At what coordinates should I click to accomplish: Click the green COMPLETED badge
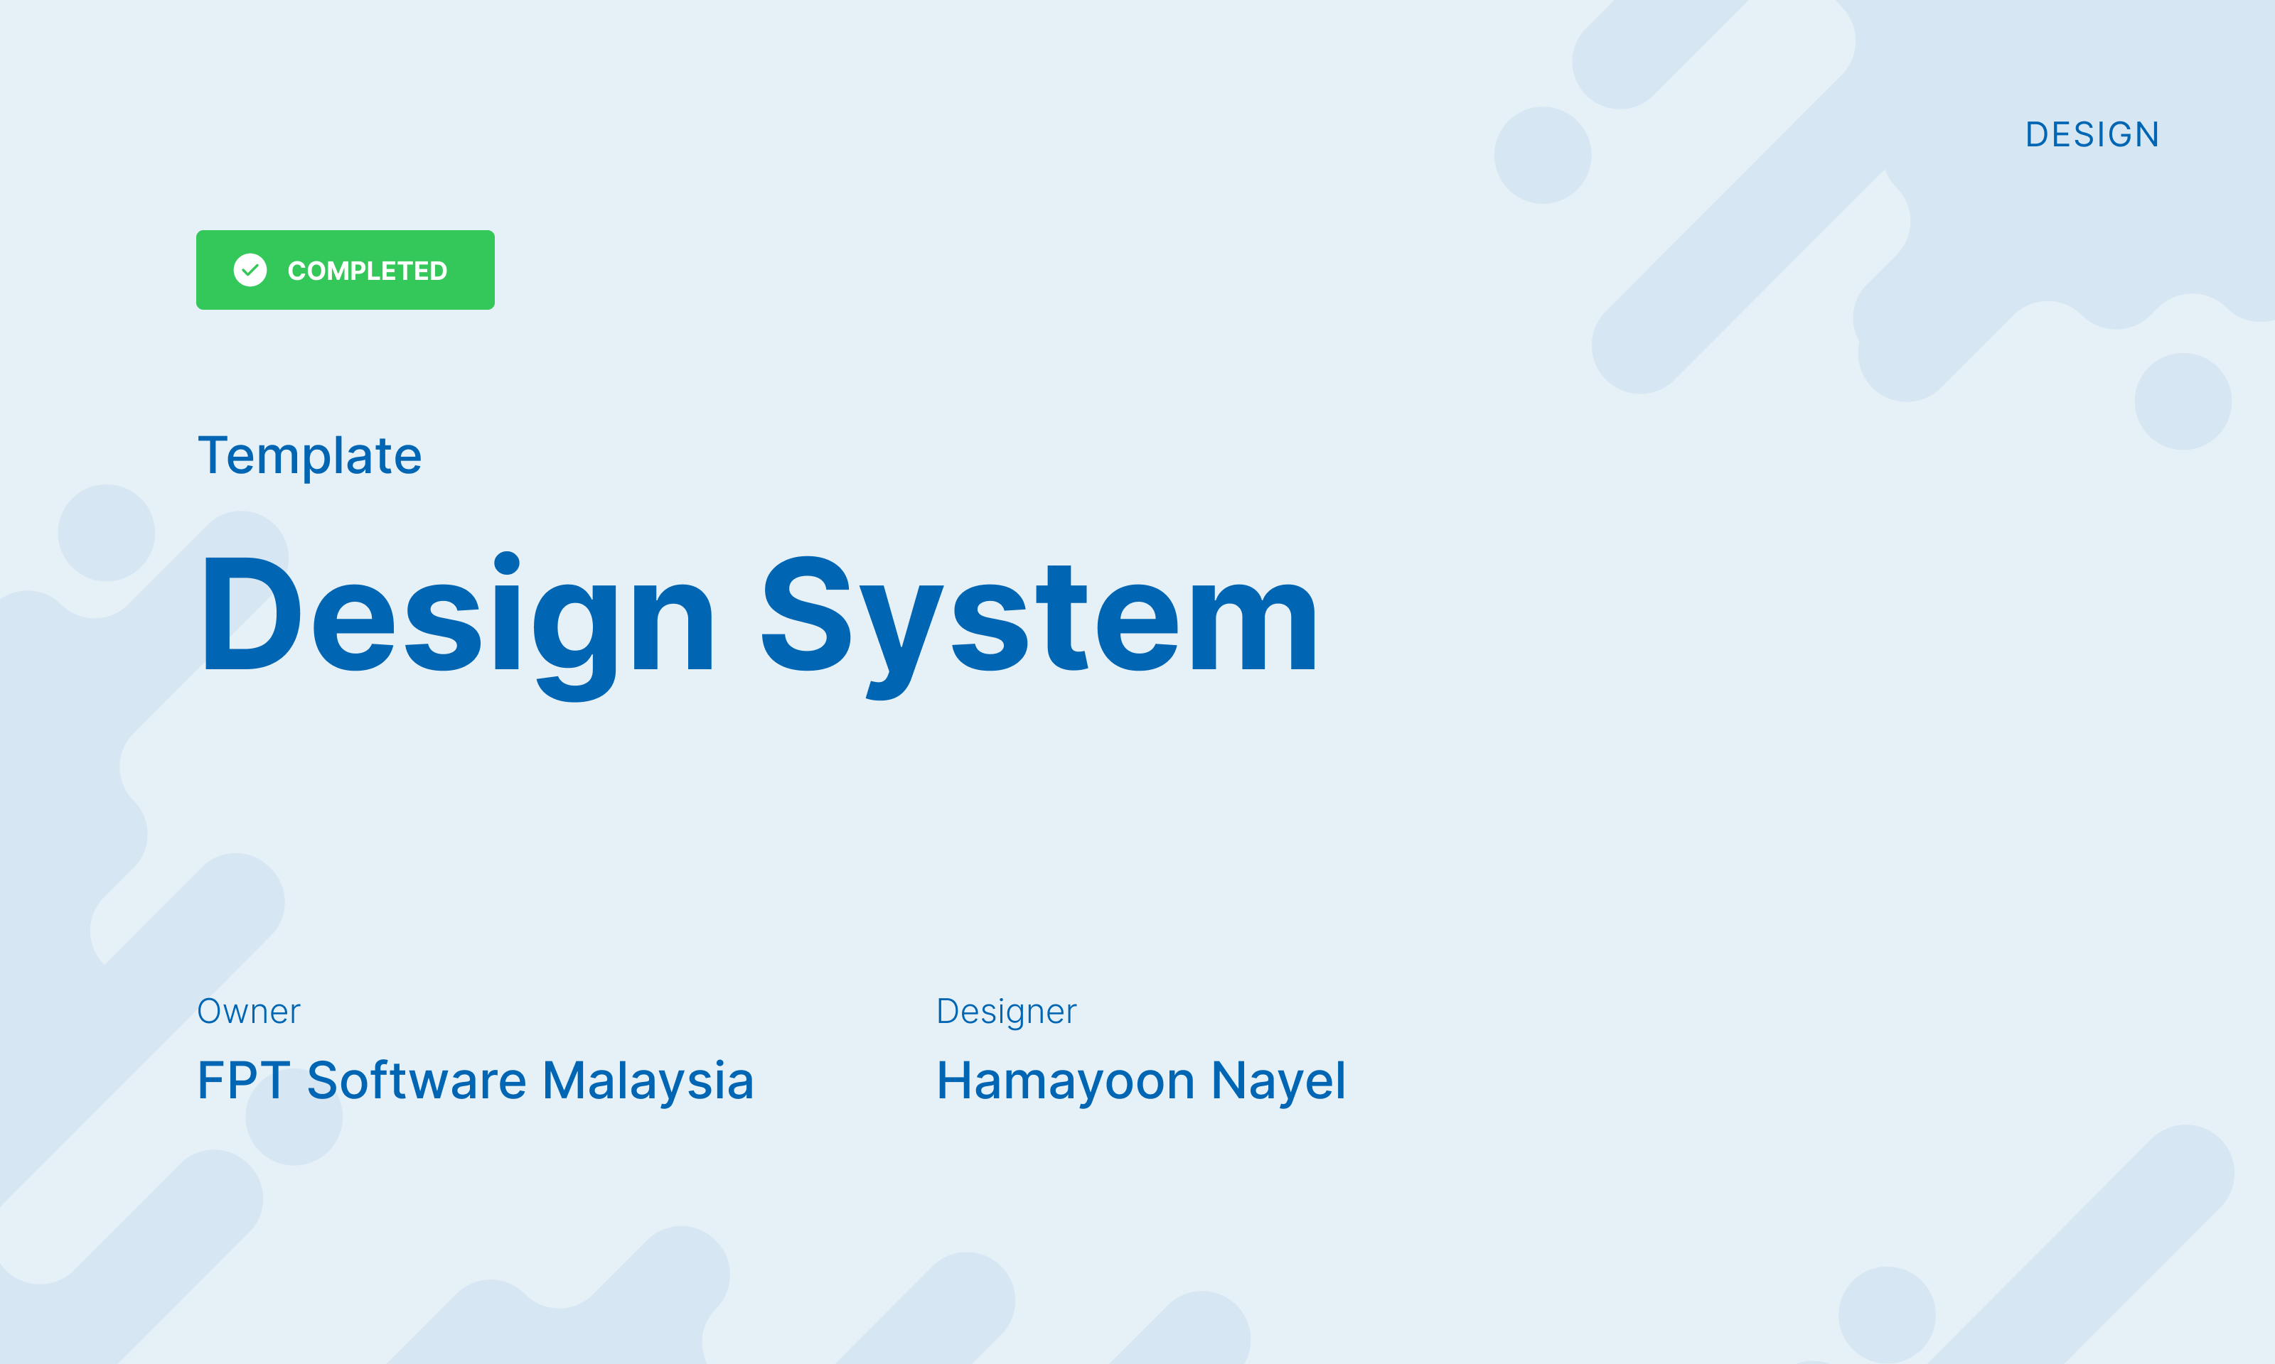coord(345,269)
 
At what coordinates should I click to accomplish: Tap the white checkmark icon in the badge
coord(250,270)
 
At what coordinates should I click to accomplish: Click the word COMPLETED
coord(367,271)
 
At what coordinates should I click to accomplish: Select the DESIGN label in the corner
coord(2092,135)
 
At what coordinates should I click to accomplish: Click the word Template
coord(310,456)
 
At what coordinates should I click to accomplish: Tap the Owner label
coord(248,1011)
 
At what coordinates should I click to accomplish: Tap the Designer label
coord(1006,1011)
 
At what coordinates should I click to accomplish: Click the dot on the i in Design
coord(507,563)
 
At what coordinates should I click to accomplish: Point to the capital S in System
coord(806,614)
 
